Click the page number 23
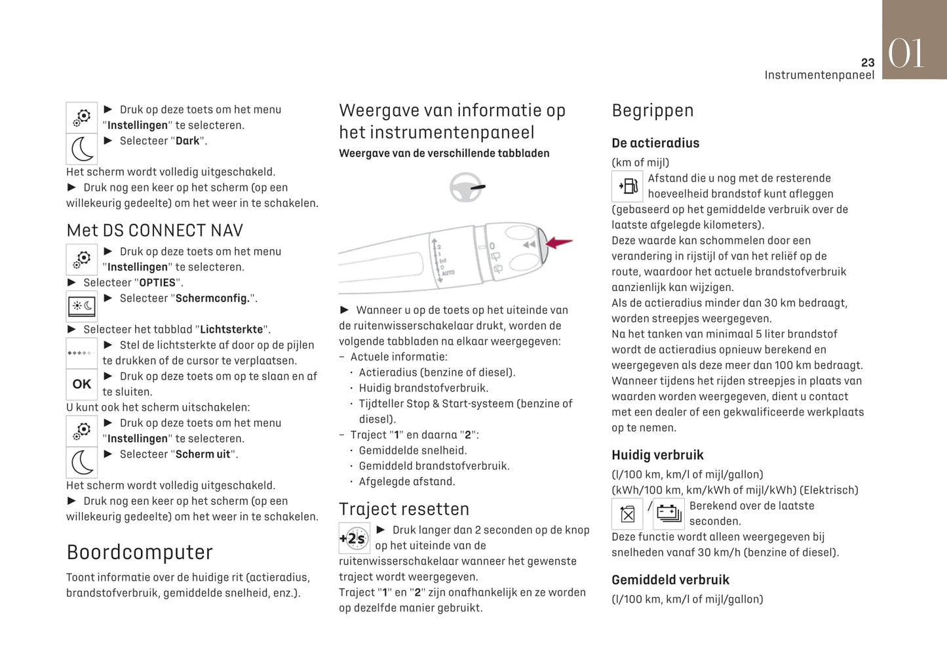pyautogui.click(x=867, y=62)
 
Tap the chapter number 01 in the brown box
pyautogui.click(x=906, y=53)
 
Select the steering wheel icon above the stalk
pyautogui.click(x=466, y=187)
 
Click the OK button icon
pyautogui.click(x=82, y=384)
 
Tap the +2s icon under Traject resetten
pyautogui.click(x=354, y=538)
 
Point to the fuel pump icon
pyautogui.click(x=627, y=186)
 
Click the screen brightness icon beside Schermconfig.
pyautogui.click(x=82, y=306)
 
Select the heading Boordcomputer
pyautogui.click(x=140, y=552)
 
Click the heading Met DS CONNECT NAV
pyautogui.click(x=155, y=231)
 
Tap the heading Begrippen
pyautogui.click(x=652, y=110)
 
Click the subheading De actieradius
pyautogui.click(x=655, y=143)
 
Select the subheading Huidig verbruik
pyautogui.click(x=657, y=455)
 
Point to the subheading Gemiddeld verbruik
pyautogui.click(x=670, y=580)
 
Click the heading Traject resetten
pyautogui.click(x=404, y=509)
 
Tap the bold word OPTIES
pyautogui.click(x=157, y=283)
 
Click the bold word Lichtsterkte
pyautogui.click(x=231, y=329)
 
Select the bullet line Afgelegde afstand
pyautogui.click(x=406, y=481)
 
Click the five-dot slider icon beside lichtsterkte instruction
pyautogui.click(x=81, y=353)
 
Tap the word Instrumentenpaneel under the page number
pyautogui.click(x=819, y=75)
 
